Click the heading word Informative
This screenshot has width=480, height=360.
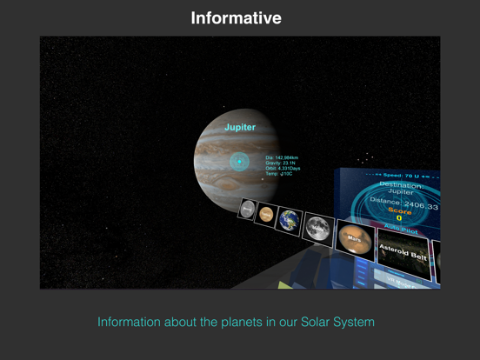click(x=237, y=17)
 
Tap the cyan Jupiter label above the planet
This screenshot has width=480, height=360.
click(x=240, y=127)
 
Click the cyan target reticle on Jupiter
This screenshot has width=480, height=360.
click(x=239, y=161)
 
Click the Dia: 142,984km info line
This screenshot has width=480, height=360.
click(x=282, y=157)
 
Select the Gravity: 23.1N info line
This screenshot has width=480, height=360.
click(x=280, y=163)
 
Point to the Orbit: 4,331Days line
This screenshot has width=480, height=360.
click(x=283, y=169)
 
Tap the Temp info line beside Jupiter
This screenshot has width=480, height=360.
click(x=278, y=174)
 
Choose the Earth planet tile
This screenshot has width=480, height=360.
click(x=289, y=219)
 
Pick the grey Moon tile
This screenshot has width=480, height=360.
click(x=317, y=227)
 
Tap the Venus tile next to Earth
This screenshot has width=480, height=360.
click(x=266, y=213)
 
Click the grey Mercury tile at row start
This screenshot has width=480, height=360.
click(x=248, y=209)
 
